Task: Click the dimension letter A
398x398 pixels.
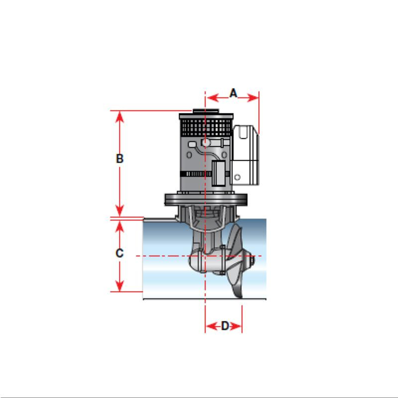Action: (x=233, y=93)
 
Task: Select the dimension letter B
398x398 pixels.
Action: (x=119, y=159)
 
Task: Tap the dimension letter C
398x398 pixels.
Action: (x=119, y=253)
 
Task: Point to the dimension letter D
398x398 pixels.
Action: (x=225, y=326)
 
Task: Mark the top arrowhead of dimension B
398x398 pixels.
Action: (x=119, y=115)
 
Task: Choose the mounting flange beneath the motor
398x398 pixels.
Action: (x=205, y=199)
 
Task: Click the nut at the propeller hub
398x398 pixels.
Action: (x=253, y=260)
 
